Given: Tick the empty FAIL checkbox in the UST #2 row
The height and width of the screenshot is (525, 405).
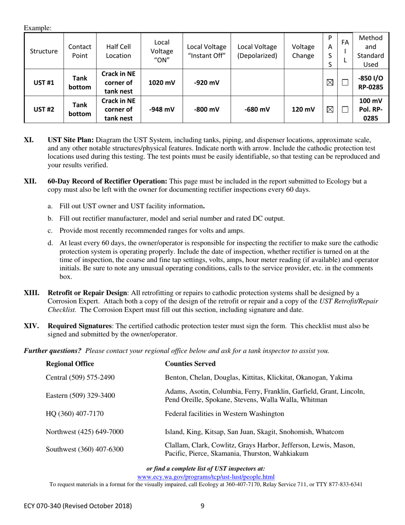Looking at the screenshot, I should [x=345, y=110].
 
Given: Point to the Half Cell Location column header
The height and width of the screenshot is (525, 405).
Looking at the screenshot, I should [x=119, y=51].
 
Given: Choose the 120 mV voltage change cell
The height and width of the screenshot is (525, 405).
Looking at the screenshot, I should [x=303, y=110].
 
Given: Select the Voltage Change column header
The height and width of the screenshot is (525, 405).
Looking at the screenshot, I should [x=303, y=51].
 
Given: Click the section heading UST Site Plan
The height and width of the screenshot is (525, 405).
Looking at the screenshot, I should [x=71, y=140].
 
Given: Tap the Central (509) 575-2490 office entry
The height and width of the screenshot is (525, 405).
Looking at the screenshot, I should [x=80, y=377].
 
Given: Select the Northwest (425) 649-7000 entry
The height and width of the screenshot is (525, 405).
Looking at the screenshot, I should [x=85, y=432].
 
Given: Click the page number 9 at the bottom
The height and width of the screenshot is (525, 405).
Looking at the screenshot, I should [x=202, y=506].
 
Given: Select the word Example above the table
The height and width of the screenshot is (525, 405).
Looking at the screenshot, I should [x=38, y=28].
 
